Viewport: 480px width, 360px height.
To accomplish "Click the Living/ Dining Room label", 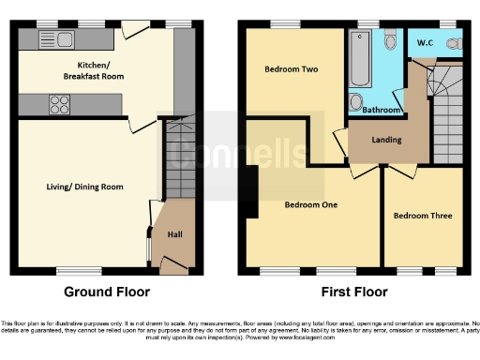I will (85, 187).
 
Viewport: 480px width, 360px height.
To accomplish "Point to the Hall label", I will (175, 234).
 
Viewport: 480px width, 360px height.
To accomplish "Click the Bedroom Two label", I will (290, 68).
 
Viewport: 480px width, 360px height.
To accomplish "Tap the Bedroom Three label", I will (423, 216).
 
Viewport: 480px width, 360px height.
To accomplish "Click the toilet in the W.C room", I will (455, 43).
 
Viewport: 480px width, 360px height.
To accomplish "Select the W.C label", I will (427, 41).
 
